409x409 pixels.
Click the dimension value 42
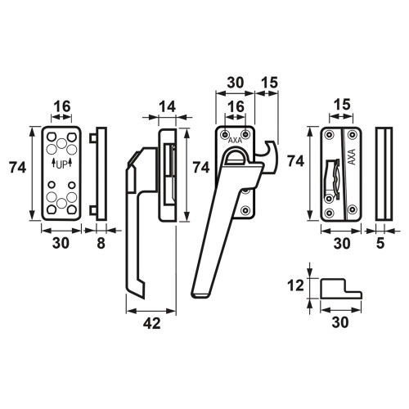(x=152, y=323)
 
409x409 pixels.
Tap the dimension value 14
(x=167, y=106)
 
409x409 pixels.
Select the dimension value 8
(x=101, y=243)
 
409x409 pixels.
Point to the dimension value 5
(x=380, y=243)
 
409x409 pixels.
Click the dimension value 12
(x=295, y=285)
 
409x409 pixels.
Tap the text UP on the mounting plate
(x=61, y=164)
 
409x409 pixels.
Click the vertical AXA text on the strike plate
(x=352, y=157)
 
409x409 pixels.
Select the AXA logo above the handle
(x=235, y=141)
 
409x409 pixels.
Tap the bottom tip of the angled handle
(x=201, y=296)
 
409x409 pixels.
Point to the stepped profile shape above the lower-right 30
(x=341, y=289)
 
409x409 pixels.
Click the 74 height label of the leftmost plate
(x=17, y=167)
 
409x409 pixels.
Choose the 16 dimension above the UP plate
(x=62, y=106)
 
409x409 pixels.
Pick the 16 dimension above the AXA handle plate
(x=236, y=106)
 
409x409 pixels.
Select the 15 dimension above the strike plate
(x=342, y=105)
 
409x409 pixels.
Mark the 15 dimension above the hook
(x=269, y=83)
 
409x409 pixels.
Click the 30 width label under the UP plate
(x=61, y=243)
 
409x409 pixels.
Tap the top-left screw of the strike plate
(x=330, y=134)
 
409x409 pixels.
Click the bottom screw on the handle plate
(x=246, y=210)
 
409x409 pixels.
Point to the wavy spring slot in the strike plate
(x=333, y=178)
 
